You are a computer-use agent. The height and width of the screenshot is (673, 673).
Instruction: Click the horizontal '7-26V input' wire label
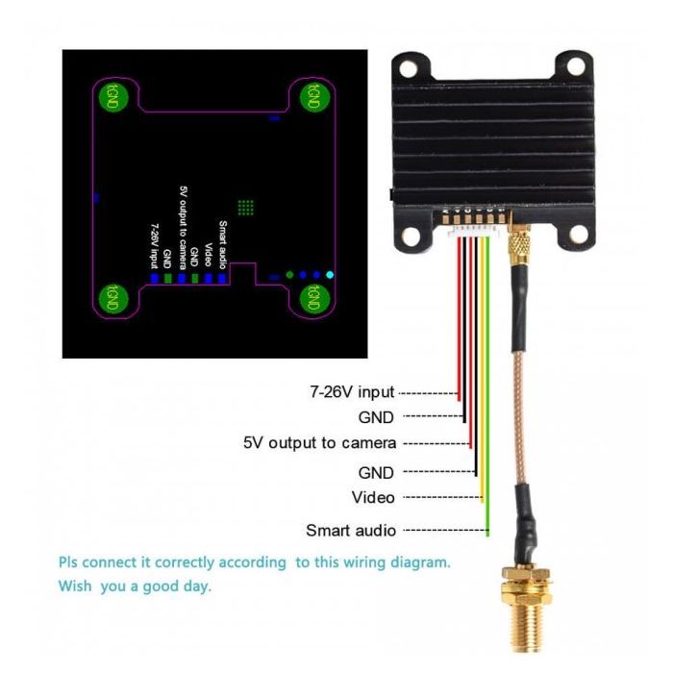(352, 392)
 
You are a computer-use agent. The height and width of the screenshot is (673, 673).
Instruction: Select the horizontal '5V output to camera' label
(319, 443)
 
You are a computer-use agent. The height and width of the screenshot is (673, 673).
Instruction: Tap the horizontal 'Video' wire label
(373, 497)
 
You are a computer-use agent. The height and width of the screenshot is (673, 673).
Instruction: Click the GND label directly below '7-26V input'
(376, 417)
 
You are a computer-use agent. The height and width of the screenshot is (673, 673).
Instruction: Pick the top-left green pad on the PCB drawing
(115, 94)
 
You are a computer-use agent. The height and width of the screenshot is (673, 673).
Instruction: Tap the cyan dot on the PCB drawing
(331, 275)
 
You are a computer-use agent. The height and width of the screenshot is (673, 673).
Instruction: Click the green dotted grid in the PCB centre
(245, 207)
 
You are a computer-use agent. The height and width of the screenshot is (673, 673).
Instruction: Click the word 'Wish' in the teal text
(77, 585)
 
